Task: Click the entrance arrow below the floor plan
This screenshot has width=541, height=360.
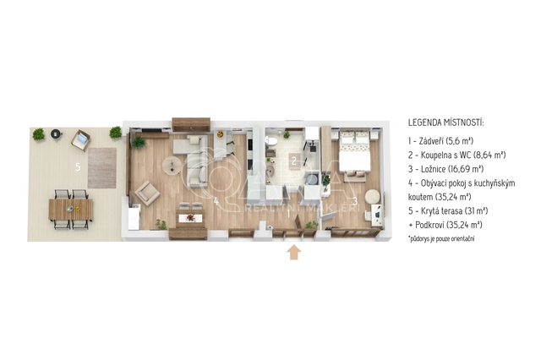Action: [293, 252]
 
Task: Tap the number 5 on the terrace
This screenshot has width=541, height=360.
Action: [78, 167]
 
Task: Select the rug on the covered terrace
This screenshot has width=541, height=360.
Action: [102, 168]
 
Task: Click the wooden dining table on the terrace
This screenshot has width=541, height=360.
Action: [71, 210]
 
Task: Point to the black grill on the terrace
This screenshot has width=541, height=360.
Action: [56, 134]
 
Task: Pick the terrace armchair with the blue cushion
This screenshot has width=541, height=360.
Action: [81, 140]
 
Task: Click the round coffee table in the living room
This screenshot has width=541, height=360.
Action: [172, 166]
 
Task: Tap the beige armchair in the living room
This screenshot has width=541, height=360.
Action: [147, 194]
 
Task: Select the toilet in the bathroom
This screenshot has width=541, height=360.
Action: [270, 142]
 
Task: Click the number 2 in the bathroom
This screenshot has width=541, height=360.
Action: [294, 161]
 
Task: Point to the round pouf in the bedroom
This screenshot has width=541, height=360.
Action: [373, 197]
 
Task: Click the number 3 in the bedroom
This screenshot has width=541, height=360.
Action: [355, 200]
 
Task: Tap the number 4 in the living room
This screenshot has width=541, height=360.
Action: [216, 201]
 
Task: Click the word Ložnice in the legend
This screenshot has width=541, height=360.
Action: [434, 169]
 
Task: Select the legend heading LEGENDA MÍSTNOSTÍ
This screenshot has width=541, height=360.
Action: [445, 123]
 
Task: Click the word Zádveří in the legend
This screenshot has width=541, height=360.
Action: [431, 140]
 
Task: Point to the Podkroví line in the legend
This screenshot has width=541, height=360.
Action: [445, 225]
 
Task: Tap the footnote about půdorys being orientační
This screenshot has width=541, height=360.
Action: [441, 238]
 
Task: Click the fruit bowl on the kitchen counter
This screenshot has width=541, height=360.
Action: [220, 134]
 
